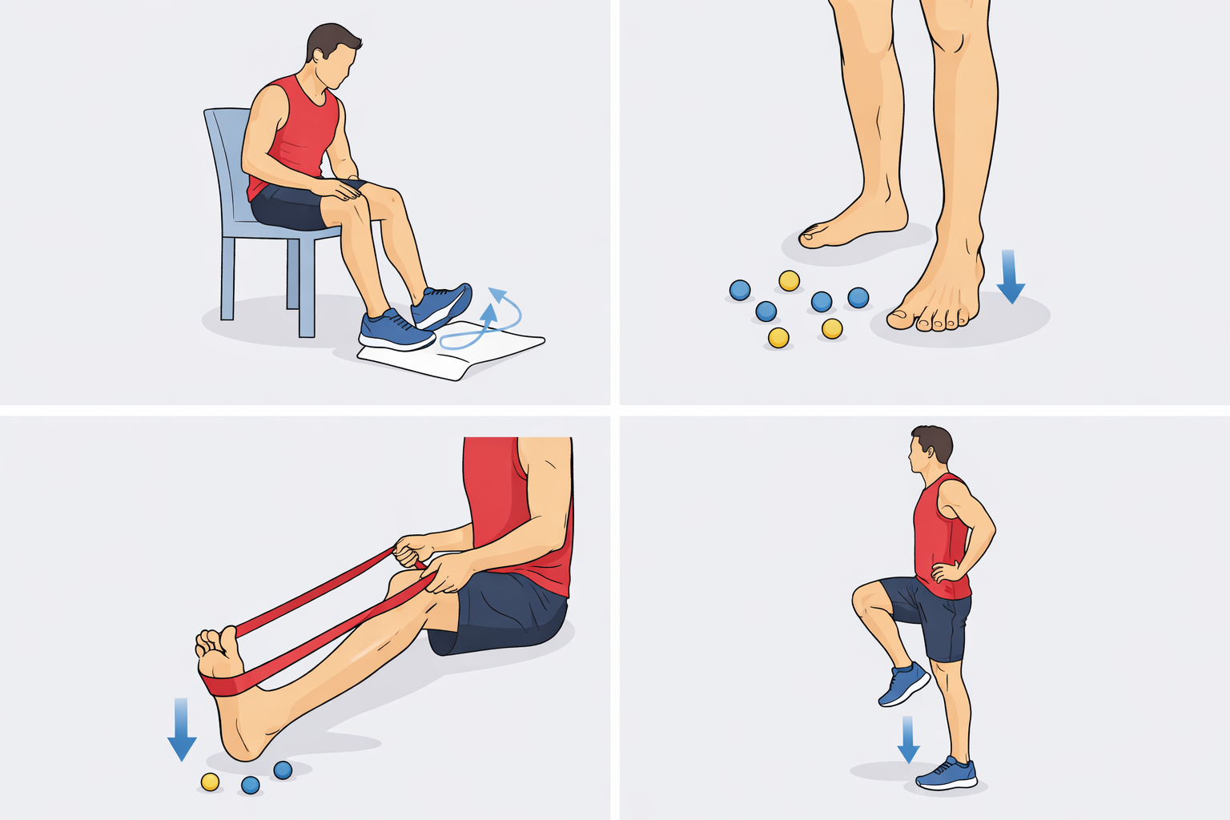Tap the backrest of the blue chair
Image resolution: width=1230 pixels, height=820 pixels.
[225, 160]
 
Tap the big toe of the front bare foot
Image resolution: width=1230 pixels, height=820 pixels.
[900, 319]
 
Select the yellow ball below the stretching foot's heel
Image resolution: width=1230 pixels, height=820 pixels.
[210, 782]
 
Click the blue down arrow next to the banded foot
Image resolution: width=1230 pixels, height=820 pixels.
[182, 729]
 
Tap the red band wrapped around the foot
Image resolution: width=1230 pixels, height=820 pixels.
[228, 685]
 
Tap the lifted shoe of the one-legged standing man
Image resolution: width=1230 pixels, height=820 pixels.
[904, 685]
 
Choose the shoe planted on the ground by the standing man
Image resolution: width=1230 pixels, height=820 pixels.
[947, 774]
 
